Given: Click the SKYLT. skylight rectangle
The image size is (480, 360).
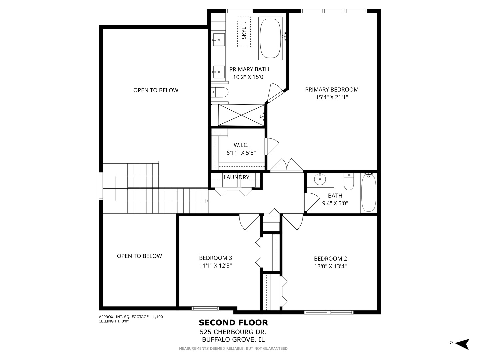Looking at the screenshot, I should pyautogui.click(x=244, y=32).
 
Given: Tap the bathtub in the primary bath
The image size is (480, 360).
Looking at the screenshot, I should pyautogui.click(x=270, y=39).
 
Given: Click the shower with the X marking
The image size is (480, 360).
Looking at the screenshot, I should pyautogui.click(x=241, y=115).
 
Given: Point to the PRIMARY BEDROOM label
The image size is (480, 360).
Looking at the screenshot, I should pyautogui.click(x=332, y=89).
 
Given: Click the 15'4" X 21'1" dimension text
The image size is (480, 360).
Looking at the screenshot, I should pyautogui.click(x=332, y=97).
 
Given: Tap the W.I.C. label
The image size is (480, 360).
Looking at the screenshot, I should pyautogui.click(x=241, y=145).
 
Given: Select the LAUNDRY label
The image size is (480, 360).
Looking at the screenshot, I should pyautogui.click(x=236, y=177).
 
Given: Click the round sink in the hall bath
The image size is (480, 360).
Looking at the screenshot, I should pyautogui.click(x=320, y=179).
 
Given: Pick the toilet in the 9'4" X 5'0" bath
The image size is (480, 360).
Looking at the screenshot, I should pyautogui.click(x=349, y=182).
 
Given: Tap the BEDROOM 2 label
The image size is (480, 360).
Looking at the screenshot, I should pyautogui.click(x=330, y=259).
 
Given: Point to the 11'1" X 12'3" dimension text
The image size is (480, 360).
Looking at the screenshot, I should pyautogui.click(x=215, y=266).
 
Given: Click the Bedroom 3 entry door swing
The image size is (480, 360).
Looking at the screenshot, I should pyautogui.click(x=248, y=222).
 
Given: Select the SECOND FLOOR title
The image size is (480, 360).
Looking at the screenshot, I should pyautogui.click(x=233, y=322).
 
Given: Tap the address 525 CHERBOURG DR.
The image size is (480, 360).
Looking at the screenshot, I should pyautogui.click(x=233, y=332).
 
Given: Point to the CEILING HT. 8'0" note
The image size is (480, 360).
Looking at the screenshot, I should pyautogui.click(x=114, y=321).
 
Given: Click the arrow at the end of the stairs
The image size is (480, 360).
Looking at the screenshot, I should pyautogui.click(x=206, y=201).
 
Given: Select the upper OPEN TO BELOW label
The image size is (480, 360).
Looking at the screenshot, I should pyautogui.click(x=156, y=90).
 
